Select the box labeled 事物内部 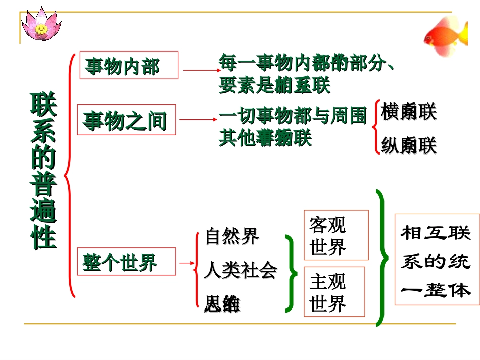129,65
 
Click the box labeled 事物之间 126,120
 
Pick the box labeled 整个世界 126,262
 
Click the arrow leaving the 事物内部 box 199,71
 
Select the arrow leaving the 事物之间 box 198,120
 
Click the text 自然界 232,236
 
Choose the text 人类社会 241,271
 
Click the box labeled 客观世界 336,235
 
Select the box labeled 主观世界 334,291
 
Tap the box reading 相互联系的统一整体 437,260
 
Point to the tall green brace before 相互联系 382,258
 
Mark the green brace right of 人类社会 291,273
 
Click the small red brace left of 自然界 197,270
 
